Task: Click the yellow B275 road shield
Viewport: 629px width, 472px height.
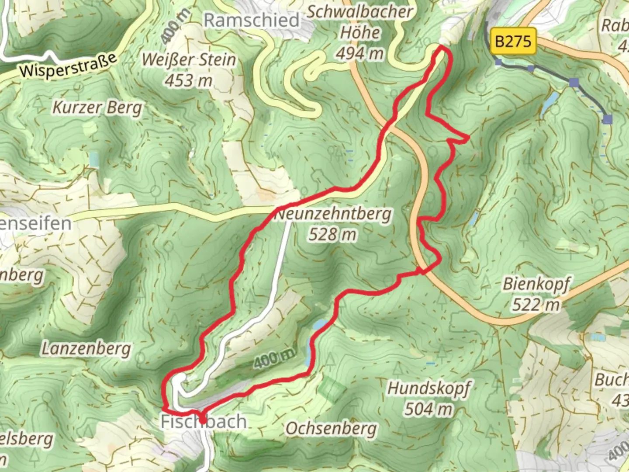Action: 513,42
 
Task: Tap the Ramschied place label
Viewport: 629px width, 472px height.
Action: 252,20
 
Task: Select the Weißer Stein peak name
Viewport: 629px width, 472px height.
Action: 189,59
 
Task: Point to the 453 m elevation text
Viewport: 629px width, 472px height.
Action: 189,80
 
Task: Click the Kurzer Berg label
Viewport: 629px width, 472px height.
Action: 97,108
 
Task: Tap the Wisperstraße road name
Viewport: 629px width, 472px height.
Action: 69,66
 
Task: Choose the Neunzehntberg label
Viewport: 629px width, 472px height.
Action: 333,214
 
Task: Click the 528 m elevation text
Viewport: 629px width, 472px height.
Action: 333,235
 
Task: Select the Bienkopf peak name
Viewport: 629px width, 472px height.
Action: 536,284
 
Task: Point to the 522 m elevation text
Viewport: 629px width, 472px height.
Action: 536,305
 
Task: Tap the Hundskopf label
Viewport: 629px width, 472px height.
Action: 429,388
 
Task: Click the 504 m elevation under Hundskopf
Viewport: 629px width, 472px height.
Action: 429,409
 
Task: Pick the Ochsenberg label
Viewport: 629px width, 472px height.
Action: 331,428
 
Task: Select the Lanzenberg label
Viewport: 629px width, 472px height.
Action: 86,349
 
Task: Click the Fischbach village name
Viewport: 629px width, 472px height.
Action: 204,422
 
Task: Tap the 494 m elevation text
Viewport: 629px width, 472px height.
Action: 360,53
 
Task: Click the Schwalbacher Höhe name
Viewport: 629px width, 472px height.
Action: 360,22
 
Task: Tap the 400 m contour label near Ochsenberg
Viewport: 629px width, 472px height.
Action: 274,360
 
